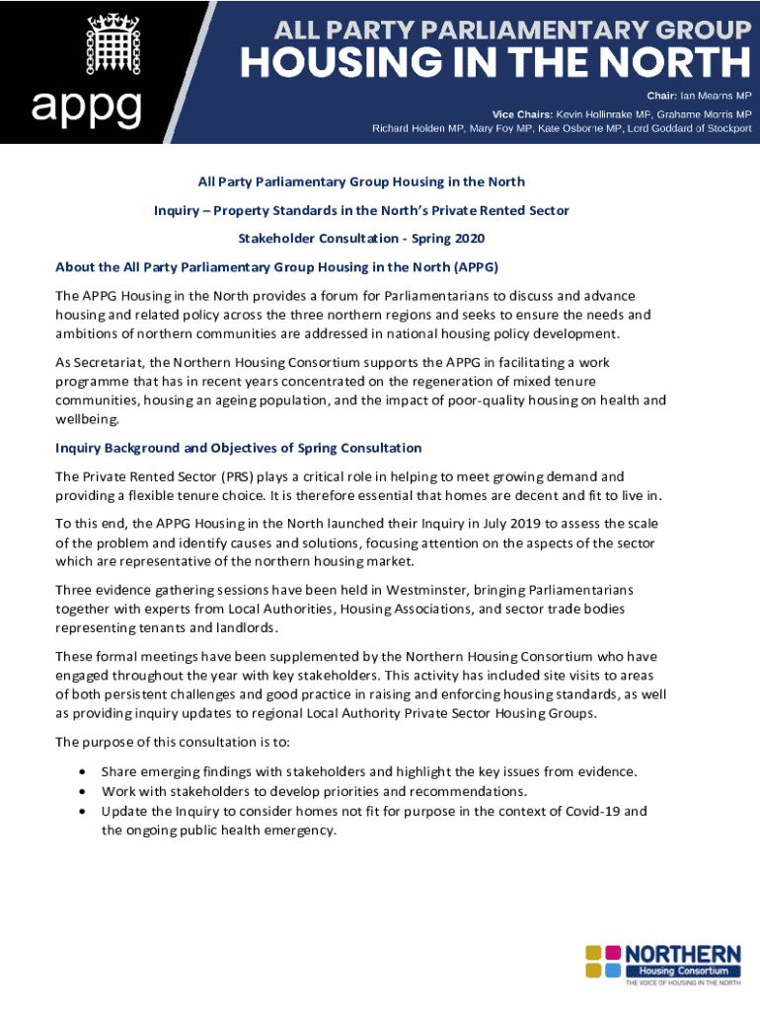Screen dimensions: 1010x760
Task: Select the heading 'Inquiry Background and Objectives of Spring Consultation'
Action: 239,448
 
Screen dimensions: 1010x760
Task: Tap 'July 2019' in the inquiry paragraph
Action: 444,523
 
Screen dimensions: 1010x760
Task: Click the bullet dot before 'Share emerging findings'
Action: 81,771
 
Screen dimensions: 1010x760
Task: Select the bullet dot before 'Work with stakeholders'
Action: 81,791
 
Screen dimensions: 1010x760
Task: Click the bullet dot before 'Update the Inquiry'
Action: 81,811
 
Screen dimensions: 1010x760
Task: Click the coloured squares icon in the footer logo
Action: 604,961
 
